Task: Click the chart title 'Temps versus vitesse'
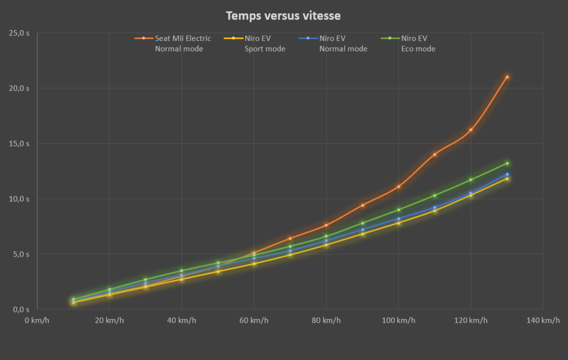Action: (283, 16)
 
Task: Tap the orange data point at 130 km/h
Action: (507, 77)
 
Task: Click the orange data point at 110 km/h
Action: (435, 154)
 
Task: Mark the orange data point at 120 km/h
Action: (471, 130)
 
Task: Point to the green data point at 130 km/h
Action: (507, 163)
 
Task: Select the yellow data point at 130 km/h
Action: (507, 179)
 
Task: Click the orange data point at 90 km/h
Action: (363, 205)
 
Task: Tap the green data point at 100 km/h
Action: (399, 210)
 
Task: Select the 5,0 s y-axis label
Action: (22, 255)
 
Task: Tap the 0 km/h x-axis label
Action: (37, 321)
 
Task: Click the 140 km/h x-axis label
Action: (542, 321)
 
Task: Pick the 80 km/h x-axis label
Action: (326, 321)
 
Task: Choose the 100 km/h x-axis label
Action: (398, 321)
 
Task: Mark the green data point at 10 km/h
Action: (73, 300)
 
